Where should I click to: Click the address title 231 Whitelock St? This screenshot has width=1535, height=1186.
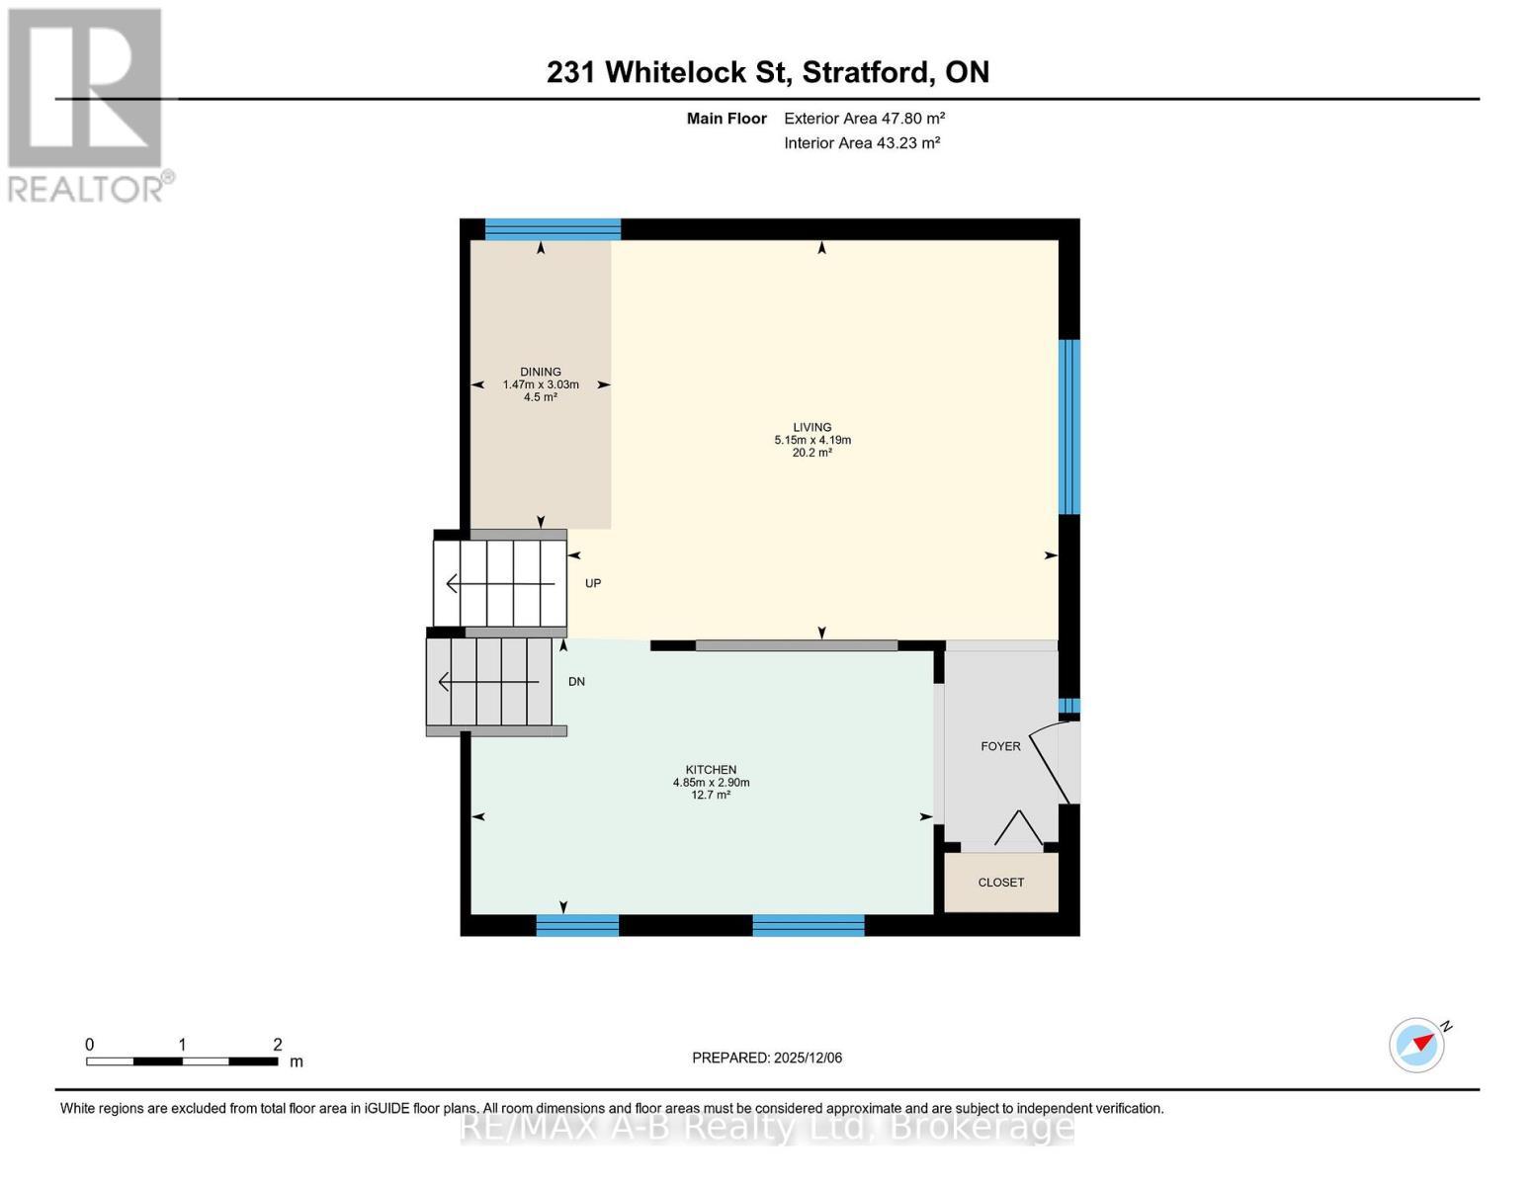(x=767, y=72)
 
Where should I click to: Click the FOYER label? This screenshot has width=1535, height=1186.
(x=1000, y=746)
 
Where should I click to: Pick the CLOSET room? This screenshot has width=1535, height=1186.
(x=1000, y=882)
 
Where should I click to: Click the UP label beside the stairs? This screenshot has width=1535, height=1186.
(x=593, y=583)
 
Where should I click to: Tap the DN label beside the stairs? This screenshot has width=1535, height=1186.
(x=576, y=682)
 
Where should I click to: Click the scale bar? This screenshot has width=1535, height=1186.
(x=182, y=1061)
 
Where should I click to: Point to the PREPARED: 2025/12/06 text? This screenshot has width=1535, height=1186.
(x=767, y=1058)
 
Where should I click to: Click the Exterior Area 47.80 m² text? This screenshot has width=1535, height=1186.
(x=864, y=119)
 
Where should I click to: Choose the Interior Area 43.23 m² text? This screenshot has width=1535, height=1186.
(x=861, y=143)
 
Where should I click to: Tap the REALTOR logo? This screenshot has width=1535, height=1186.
(x=88, y=105)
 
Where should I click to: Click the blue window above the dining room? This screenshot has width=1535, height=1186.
(x=553, y=229)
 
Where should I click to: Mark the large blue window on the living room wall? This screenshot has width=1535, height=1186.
(x=1068, y=427)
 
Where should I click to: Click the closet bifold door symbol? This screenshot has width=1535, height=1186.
(x=1017, y=829)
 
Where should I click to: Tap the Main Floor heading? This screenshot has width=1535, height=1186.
(x=726, y=119)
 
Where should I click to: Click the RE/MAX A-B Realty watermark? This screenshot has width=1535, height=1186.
(x=767, y=1127)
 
